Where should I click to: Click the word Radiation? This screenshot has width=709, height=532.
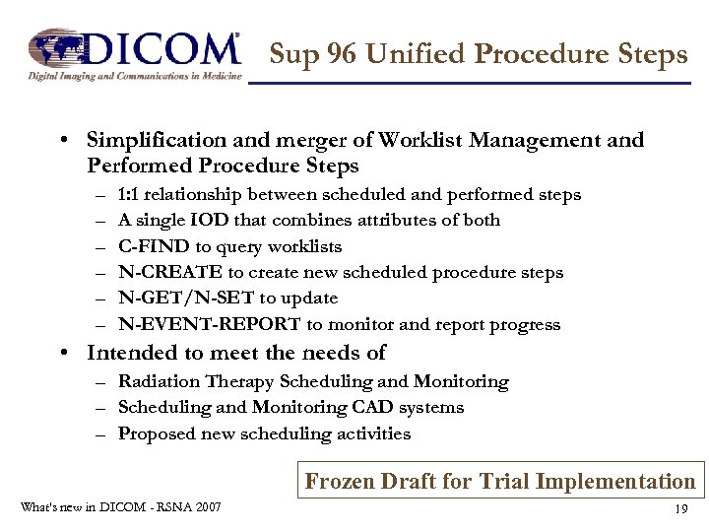pos(158,381)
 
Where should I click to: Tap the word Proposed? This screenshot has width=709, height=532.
pos(156,433)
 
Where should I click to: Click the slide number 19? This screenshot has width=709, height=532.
pos(679,509)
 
